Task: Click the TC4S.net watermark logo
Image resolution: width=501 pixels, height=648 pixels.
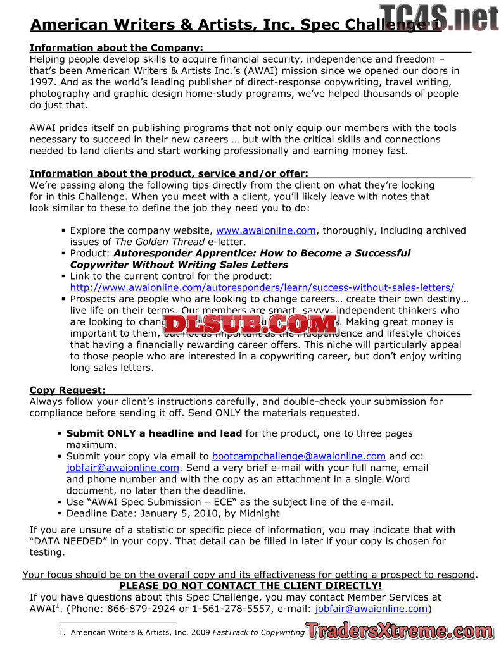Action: (x=440, y=17)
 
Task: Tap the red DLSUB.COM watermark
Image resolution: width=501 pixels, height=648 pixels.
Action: (x=251, y=324)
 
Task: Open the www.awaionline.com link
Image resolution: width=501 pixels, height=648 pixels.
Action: (x=266, y=230)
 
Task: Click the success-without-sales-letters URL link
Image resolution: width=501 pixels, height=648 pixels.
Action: (x=262, y=287)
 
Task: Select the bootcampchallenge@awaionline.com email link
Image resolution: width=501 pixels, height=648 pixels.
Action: (x=298, y=456)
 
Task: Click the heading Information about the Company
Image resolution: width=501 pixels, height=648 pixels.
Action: (x=117, y=48)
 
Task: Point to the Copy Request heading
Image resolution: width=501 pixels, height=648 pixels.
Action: (x=68, y=390)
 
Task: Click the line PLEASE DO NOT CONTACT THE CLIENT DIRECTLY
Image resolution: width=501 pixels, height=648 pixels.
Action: (x=250, y=586)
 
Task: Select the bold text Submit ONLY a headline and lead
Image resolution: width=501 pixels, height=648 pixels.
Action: (x=154, y=433)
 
